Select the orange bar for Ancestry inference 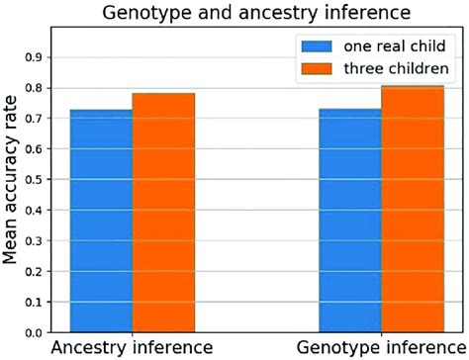coord(163,213)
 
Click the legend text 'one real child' coord(389,45)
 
